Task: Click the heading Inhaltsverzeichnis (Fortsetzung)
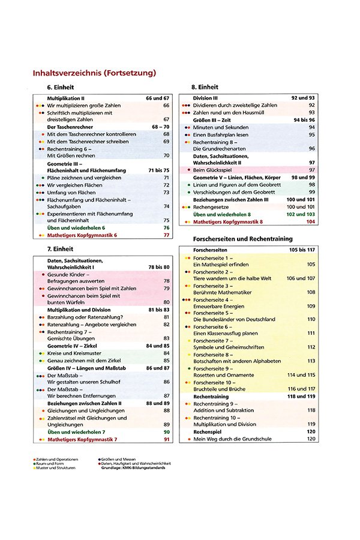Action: pyautogui.click(x=94, y=73)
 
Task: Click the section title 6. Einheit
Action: pyautogui.click(x=60, y=88)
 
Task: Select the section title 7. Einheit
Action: pyautogui.click(x=60, y=248)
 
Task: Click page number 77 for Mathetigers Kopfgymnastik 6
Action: pyautogui.click(x=166, y=236)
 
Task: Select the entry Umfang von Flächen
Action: pyautogui.click(x=71, y=193)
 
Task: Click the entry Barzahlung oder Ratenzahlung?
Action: pyautogui.click(x=80, y=317)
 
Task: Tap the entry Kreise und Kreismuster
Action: pyautogui.click(x=73, y=353)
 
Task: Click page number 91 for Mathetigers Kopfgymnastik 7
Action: pyautogui.click(x=166, y=440)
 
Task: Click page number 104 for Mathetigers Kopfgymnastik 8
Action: pyautogui.click(x=310, y=222)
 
